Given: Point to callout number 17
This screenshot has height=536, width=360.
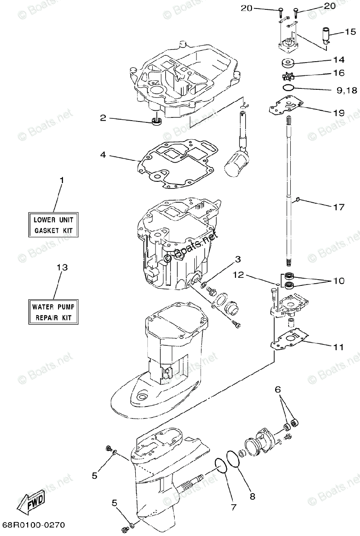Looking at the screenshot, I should coord(339,207).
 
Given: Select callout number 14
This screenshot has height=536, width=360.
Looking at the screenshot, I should coord(339,59).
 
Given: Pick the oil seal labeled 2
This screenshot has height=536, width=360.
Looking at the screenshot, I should coord(157,121).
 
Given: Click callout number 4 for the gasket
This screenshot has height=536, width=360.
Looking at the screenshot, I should coord(103,155).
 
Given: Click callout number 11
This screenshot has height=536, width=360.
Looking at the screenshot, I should coord(339,347).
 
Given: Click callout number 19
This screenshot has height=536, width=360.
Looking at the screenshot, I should coord(339,113).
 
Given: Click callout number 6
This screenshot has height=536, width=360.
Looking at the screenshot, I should coord(278,390).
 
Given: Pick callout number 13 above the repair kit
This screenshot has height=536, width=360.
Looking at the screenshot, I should coord(62,268).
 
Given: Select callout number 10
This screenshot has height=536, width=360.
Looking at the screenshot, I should coord(339,281).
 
